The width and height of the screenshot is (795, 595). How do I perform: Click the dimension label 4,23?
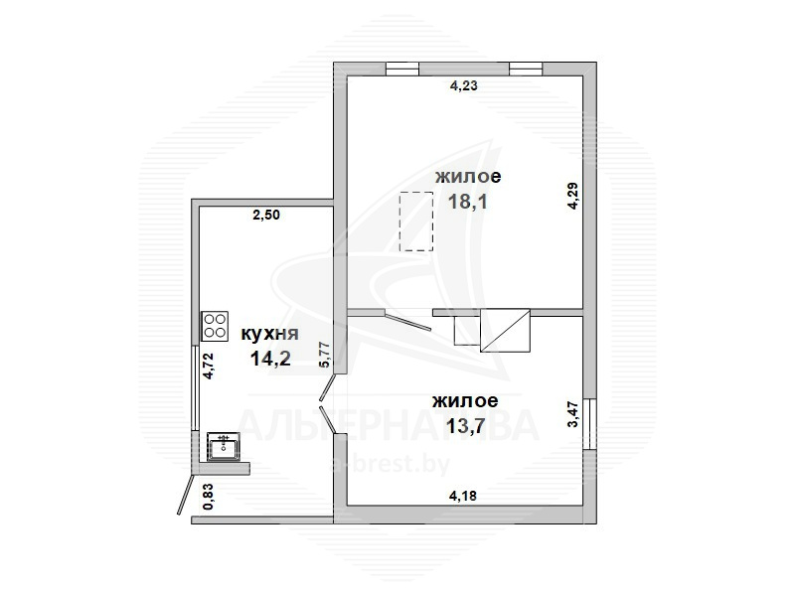pyautogui.click(x=464, y=85)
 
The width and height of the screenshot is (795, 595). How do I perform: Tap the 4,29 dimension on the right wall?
pyautogui.click(x=573, y=196)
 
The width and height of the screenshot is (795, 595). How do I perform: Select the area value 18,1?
pyautogui.click(x=467, y=202)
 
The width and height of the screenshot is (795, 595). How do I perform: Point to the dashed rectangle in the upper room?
pyautogui.click(x=416, y=222)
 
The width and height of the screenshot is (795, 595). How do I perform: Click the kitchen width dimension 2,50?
pyautogui.click(x=266, y=215)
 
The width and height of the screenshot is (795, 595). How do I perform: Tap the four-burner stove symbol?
pyautogui.click(x=215, y=326)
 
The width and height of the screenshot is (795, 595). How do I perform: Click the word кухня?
pyautogui.click(x=269, y=334)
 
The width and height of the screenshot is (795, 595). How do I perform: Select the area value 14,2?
pyautogui.click(x=270, y=359)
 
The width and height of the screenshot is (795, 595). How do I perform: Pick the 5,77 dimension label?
pyautogui.click(x=326, y=355)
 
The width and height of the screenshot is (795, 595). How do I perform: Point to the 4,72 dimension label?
pyautogui.click(x=209, y=366)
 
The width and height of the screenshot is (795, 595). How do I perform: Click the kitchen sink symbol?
pyautogui.click(x=224, y=447)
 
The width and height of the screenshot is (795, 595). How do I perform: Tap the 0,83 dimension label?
pyautogui.click(x=208, y=498)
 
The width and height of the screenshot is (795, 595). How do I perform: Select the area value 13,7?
pyautogui.click(x=465, y=426)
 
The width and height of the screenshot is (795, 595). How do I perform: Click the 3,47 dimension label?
pyautogui.click(x=573, y=414)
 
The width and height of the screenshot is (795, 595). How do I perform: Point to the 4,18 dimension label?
pyautogui.click(x=463, y=495)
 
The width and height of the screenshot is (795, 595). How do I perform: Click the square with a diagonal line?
pyautogui.click(x=505, y=331)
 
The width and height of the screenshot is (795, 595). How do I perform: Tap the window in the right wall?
pyautogui.click(x=589, y=424)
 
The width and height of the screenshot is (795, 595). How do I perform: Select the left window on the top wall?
pyautogui.click(x=402, y=69)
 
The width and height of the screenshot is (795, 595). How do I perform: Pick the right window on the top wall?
pyautogui.click(x=526, y=69)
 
